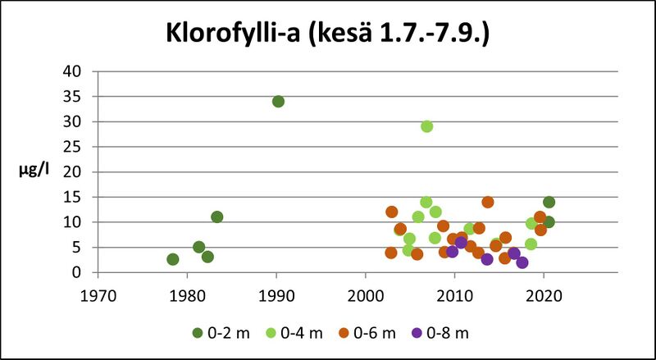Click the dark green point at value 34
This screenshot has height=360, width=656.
278,102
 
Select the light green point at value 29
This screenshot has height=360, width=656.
427,126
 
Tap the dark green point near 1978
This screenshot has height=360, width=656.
173,259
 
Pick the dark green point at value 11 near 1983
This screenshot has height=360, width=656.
217,217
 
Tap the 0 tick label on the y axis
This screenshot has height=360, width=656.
78,272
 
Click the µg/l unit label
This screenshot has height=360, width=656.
34,172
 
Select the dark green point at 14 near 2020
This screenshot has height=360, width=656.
549,203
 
